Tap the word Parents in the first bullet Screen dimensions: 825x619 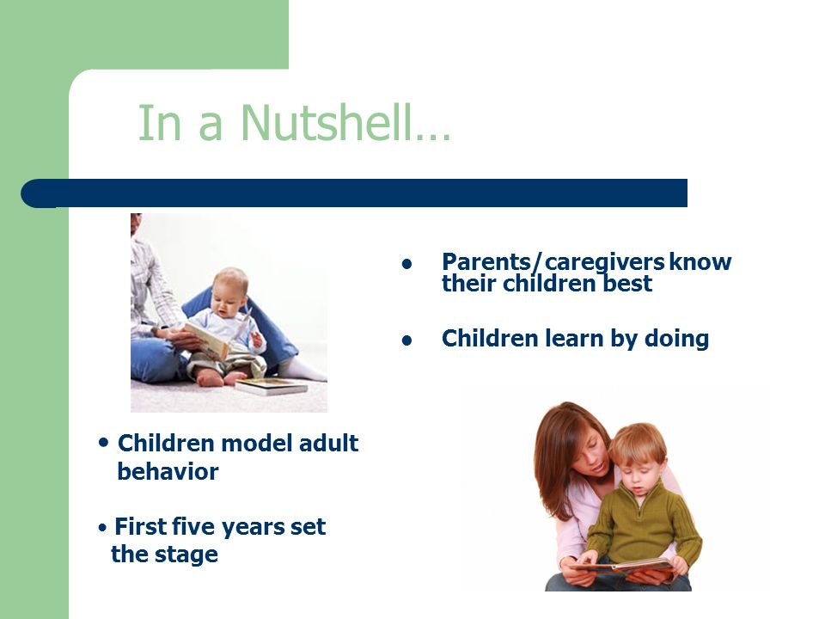click(x=486, y=262)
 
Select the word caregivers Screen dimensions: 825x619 click(x=604, y=263)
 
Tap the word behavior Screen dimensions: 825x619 click(x=168, y=471)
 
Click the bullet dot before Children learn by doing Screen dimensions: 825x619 click(x=406, y=341)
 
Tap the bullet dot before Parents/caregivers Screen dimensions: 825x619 click(x=406, y=264)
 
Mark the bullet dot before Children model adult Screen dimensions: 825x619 click(x=104, y=443)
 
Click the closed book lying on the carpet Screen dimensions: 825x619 click(x=272, y=386)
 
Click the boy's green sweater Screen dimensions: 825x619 click(x=644, y=526)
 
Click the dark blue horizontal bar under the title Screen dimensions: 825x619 click(x=354, y=193)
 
